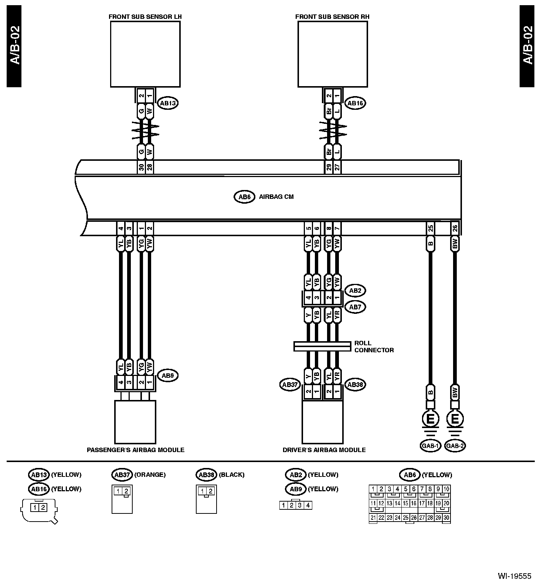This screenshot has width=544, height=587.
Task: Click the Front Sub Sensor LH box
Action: tap(145, 54)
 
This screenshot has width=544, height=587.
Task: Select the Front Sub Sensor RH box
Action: tap(333, 54)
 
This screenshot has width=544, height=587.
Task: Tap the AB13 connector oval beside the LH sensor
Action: tap(168, 104)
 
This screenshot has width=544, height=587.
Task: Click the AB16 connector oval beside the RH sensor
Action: tap(355, 104)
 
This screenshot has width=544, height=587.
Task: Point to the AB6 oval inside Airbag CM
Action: tap(244, 197)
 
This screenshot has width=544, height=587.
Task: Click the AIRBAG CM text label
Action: tap(276, 197)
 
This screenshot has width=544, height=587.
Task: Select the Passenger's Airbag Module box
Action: tap(135, 422)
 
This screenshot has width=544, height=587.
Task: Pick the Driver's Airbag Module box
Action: tap(322, 422)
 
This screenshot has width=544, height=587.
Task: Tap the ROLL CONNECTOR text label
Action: tap(374, 346)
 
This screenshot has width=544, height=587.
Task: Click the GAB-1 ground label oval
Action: tap(430, 446)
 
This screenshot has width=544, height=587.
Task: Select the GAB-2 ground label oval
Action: tap(455, 446)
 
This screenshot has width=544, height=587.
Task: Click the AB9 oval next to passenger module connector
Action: tap(168, 376)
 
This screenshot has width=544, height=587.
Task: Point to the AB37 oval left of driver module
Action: tap(290, 385)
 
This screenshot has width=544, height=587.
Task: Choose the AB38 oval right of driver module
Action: tap(355, 385)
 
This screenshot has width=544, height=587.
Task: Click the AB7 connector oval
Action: tap(355, 307)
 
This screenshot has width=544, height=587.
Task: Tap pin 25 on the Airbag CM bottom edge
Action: tap(430, 228)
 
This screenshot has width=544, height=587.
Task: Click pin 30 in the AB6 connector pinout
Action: tap(446, 518)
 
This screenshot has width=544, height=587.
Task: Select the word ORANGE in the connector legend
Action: tap(150, 475)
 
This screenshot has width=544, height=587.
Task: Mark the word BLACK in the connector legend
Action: tap(232, 475)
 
